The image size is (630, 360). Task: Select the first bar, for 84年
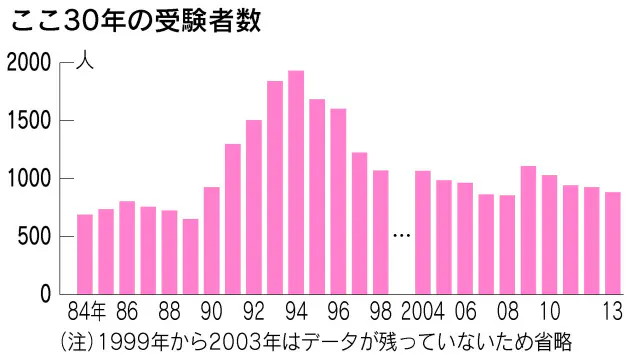pos(85,254)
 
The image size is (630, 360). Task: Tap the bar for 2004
pos(423,232)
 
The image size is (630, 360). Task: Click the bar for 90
pos(211,240)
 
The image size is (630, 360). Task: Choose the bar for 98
pos(380,232)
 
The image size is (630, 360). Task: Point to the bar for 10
pos(549,234)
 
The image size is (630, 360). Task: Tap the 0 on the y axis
pos(44,295)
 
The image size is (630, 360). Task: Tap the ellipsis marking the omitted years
pos(402,236)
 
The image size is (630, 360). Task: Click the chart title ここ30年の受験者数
pos(135,22)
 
